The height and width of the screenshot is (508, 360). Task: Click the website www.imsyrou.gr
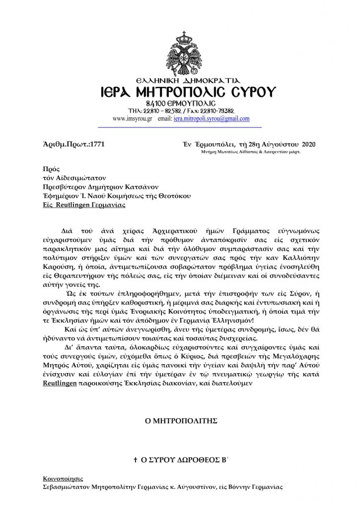click(132, 119)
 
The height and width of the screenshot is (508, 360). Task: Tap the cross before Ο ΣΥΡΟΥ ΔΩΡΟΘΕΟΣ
click(135, 461)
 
